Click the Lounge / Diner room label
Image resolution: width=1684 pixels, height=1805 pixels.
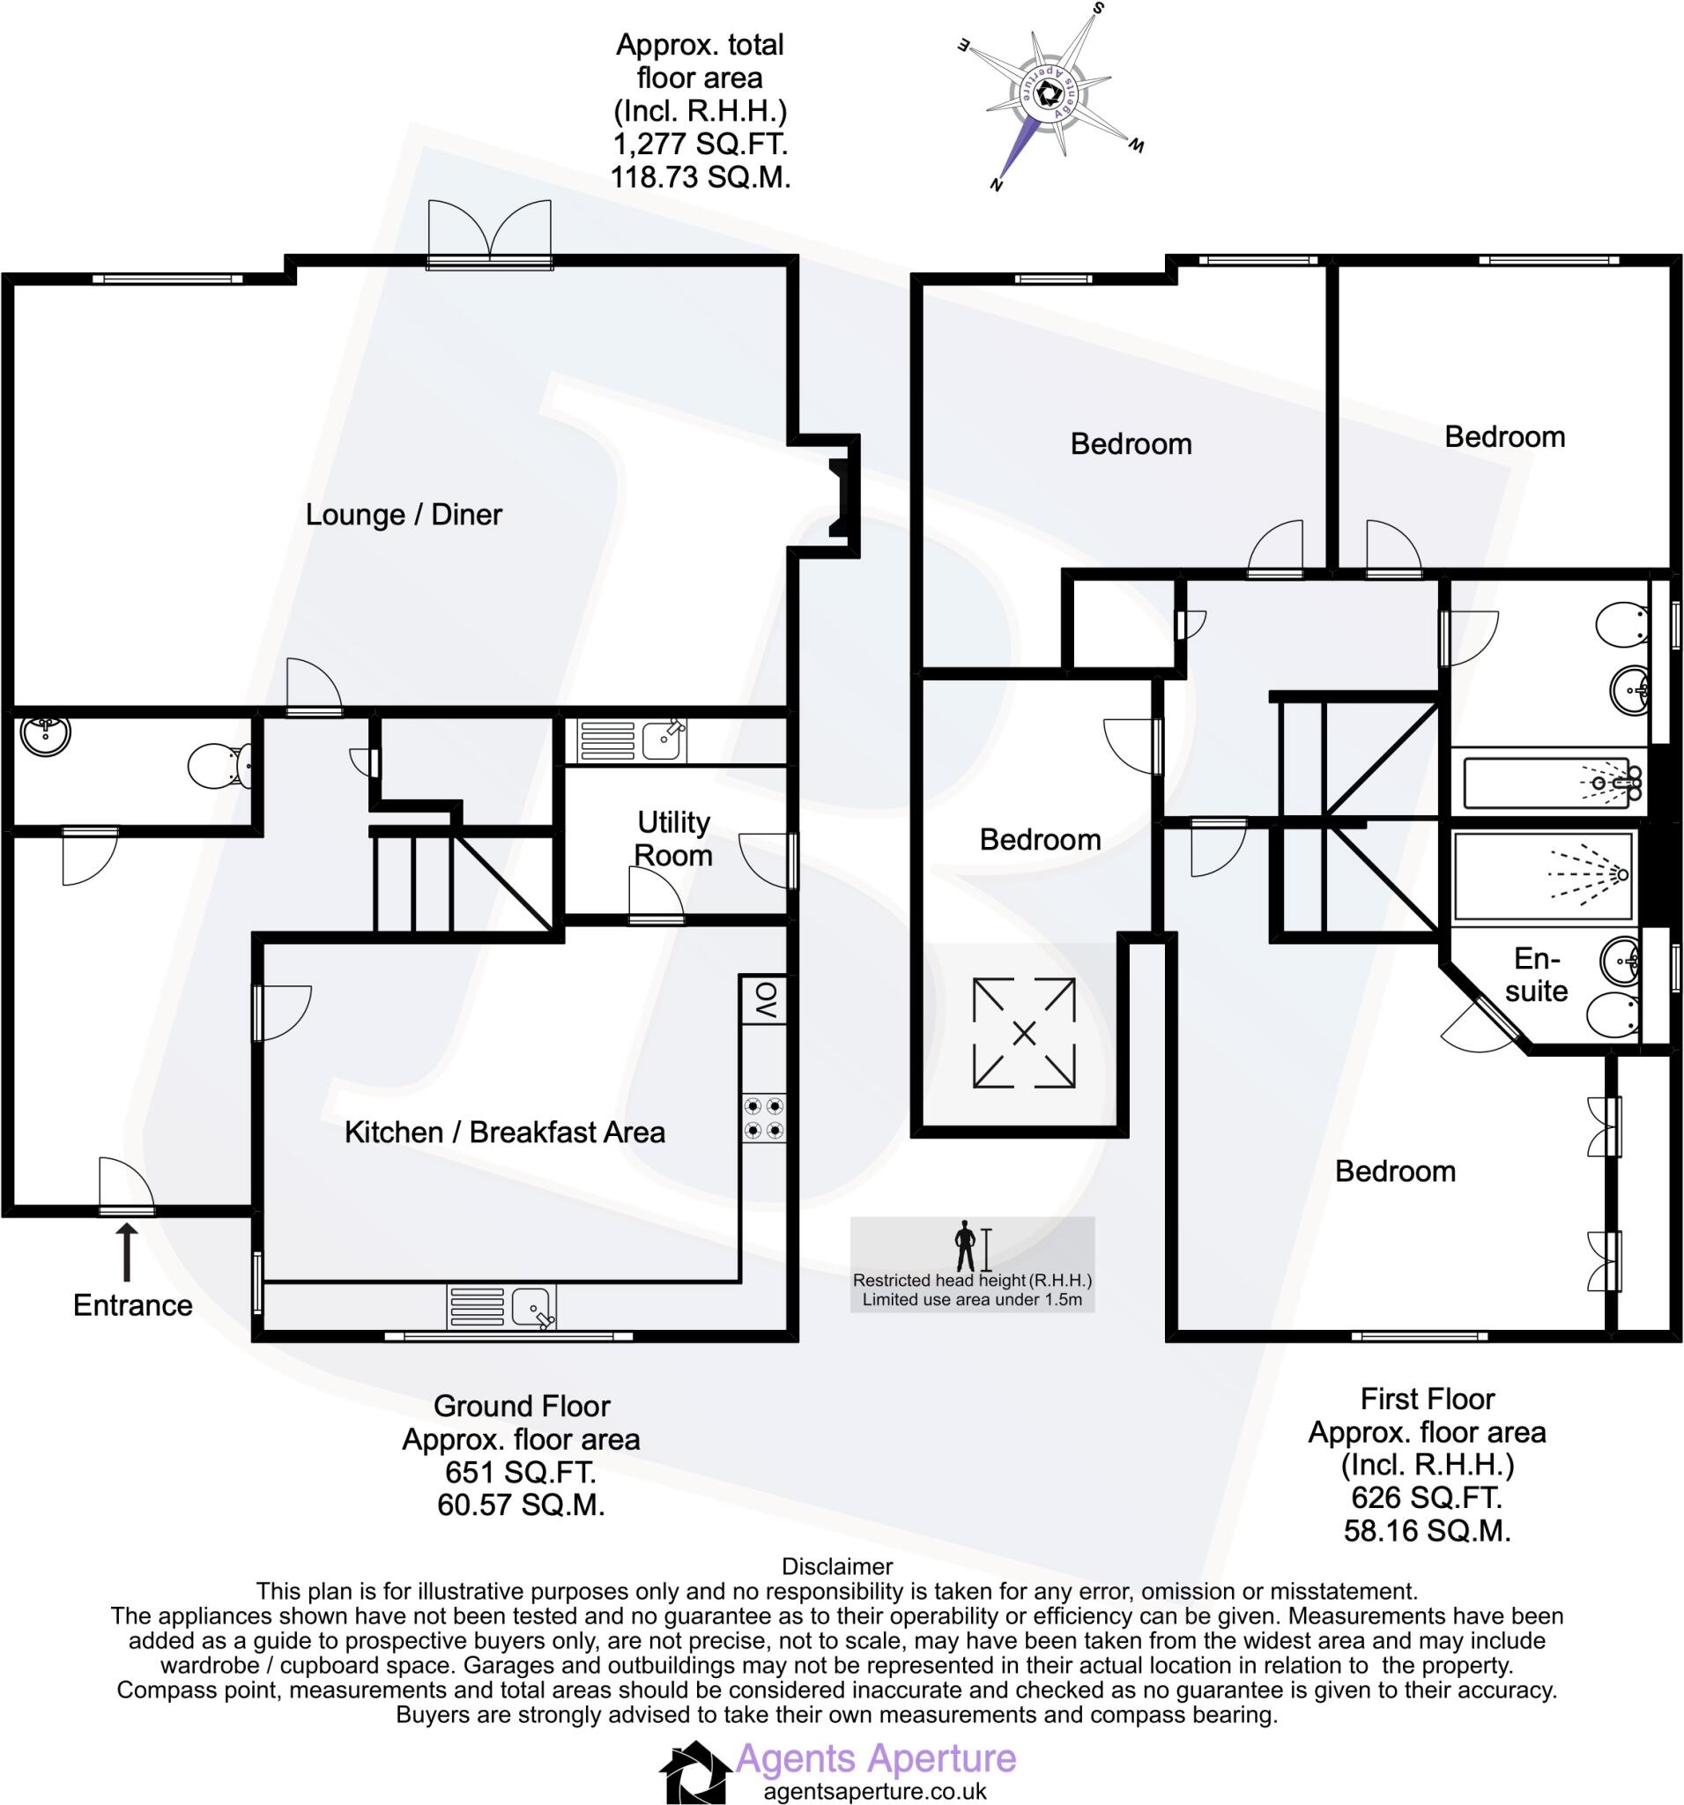[403, 515]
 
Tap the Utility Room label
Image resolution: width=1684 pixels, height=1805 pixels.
[672, 838]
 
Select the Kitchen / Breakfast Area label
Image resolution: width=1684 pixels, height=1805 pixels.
[505, 1132]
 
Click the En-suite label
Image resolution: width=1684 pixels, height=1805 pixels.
[1536, 974]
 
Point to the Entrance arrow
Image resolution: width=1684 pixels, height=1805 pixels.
[127, 1252]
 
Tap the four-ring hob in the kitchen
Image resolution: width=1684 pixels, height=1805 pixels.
[763, 1118]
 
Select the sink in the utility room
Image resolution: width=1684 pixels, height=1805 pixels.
[663, 740]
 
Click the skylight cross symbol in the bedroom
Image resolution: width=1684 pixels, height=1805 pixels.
[1023, 1032]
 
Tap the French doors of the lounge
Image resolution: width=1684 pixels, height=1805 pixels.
[490, 234]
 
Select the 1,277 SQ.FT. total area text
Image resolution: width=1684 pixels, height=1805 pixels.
[699, 144]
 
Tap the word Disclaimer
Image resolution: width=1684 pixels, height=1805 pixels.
[837, 1566]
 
